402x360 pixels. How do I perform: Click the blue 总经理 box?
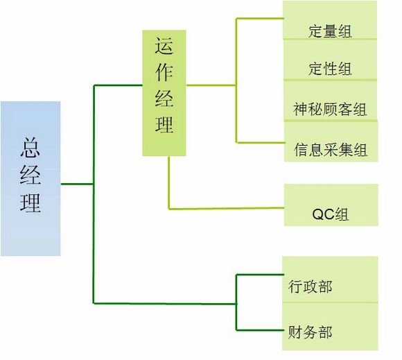point(30,178)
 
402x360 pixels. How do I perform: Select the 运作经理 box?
point(164,93)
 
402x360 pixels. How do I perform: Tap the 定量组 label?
point(330,31)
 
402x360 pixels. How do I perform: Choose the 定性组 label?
point(330,69)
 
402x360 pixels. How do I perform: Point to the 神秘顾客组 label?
point(330,110)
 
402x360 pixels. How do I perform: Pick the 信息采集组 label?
point(331,150)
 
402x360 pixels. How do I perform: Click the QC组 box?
point(331,205)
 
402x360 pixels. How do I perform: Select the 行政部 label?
point(310,286)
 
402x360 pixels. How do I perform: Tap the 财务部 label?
point(310,332)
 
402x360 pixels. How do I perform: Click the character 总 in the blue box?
point(30,147)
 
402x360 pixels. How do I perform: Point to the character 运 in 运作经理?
point(164,45)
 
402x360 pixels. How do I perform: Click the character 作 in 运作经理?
point(164,72)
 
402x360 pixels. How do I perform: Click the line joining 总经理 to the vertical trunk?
point(77,184)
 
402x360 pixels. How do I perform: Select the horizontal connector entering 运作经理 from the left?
point(119,85)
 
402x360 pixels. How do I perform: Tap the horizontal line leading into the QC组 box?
point(227,209)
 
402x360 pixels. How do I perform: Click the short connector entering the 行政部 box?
point(260,275)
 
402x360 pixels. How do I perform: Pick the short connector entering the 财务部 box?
point(260,329)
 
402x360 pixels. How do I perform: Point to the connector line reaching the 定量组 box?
point(260,19)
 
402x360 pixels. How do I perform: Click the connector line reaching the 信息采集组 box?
point(261,142)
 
